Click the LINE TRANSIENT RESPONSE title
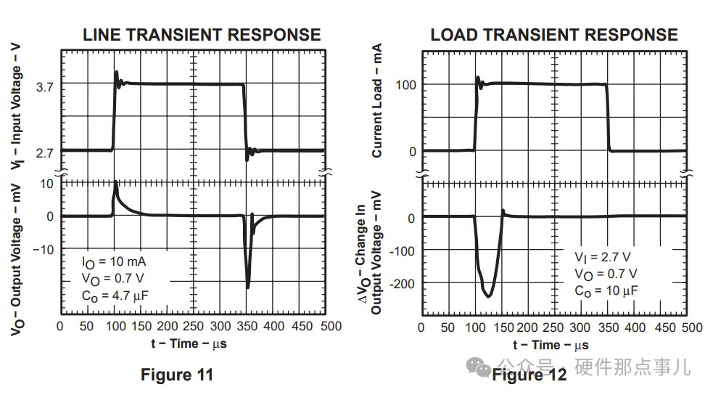click(x=201, y=34)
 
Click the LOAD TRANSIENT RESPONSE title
click(x=553, y=34)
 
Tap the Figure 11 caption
click(x=176, y=375)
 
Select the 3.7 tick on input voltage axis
click(x=44, y=87)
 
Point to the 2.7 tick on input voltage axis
click(x=44, y=152)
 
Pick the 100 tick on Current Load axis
click(x=405, y=85)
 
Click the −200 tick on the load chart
click(x=403, y=283)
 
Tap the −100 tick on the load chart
click(x=403, y=251)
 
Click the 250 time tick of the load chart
click(x=554, y=327)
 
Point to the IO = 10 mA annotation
click(x=113, y=261)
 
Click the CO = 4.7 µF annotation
click(x=116, y=294)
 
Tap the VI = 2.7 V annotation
click(x=602, y=257)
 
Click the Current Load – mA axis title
click(x=377, y=101)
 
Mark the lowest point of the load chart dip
click(x=488, y=296)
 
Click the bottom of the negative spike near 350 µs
click(x=248, y=288)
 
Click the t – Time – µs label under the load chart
click(x=551, y=345)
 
